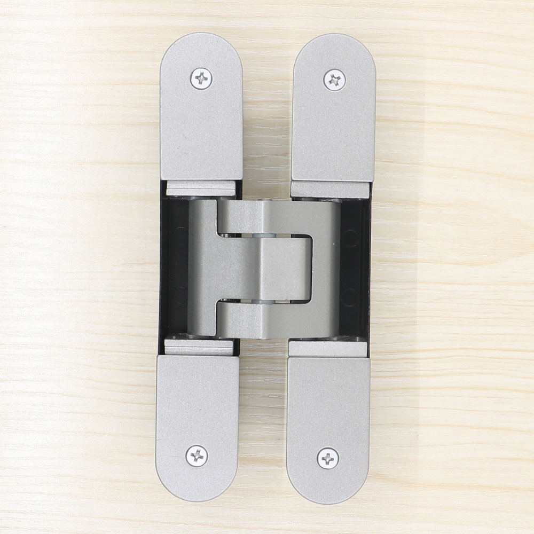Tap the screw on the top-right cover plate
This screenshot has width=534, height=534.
click(335, 80)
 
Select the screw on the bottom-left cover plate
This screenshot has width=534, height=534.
click(197, 455)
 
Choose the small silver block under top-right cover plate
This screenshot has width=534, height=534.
click(329, 190)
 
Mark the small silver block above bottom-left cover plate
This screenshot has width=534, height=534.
click(199, 347)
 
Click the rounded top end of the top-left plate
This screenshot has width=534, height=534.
click(201, 43)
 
